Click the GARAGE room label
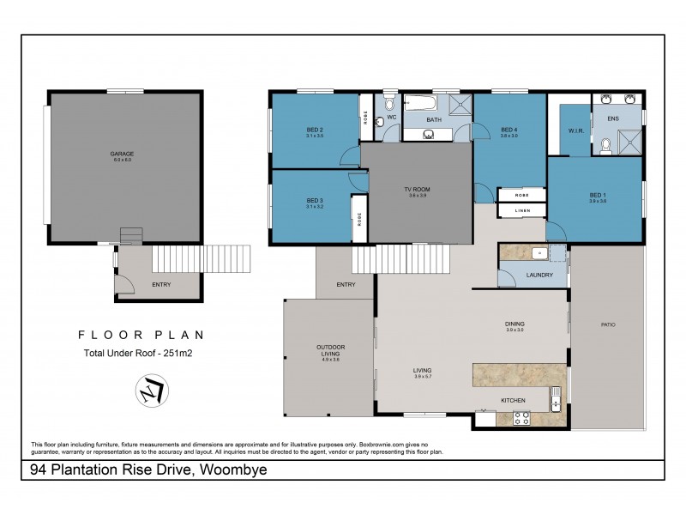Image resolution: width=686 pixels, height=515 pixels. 123,154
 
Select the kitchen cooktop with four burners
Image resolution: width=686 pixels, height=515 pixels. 521,418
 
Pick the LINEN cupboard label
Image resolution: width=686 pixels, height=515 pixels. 522,210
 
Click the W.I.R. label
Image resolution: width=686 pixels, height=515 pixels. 575,131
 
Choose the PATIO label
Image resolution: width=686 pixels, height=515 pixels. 608,324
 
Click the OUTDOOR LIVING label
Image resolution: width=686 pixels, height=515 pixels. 330,351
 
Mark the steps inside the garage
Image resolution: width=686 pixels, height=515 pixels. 130,236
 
